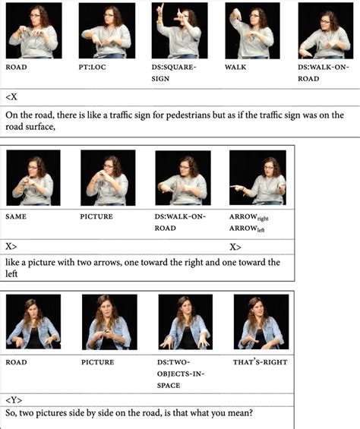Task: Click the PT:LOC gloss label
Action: [92, 67]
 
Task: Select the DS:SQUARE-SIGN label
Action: [174, 73]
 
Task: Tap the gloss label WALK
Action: [235, 67]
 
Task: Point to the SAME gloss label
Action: [16, 216]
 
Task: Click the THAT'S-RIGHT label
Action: [260, 362]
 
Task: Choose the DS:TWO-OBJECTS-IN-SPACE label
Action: [181, 374]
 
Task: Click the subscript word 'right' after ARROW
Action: [263, 219]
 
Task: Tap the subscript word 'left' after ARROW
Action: [261, 230]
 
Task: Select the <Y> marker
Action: [14, 400]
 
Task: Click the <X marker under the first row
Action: [11, 96]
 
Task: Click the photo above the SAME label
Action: [33, 178]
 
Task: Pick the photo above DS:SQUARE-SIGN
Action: [179, 30]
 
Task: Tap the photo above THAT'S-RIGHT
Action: [261, 322]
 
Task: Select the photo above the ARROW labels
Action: [257, 178]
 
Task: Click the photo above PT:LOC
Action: [107, 30]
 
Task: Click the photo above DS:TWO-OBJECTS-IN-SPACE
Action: [185, 322]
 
